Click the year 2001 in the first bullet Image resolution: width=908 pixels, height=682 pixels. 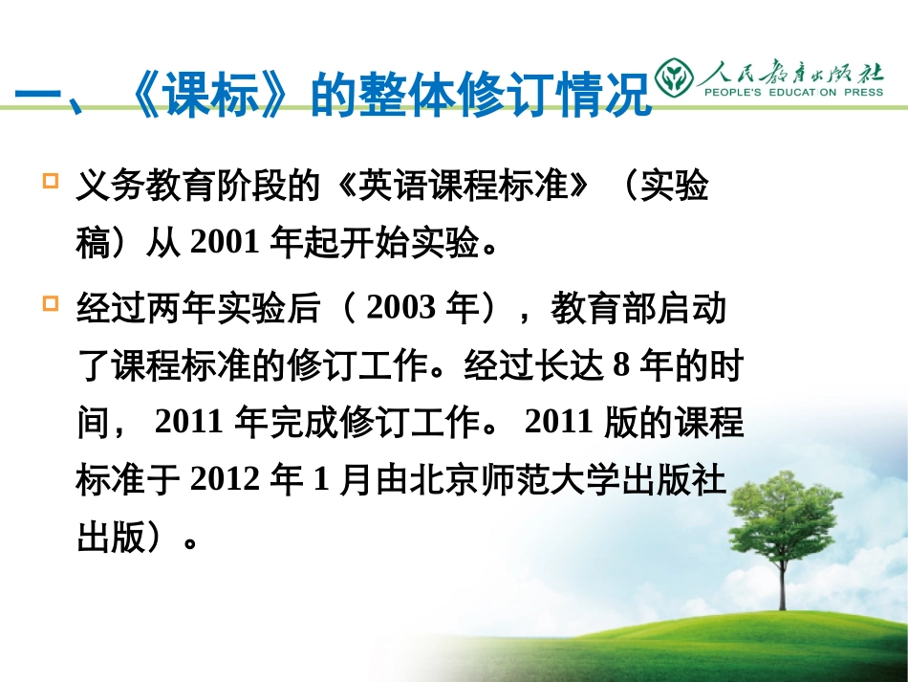(226, 243)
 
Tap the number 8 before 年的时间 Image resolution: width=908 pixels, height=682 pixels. (622, 366)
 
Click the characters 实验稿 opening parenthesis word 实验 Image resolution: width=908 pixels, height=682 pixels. (675, 187)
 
